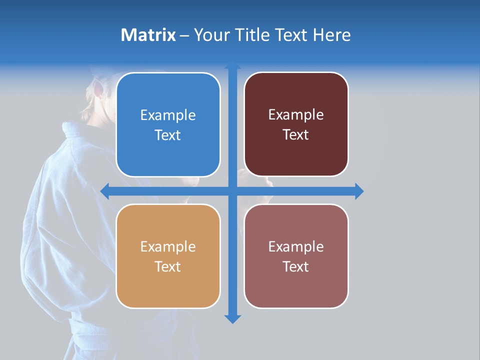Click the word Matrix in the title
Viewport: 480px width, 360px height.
tap(148, 35)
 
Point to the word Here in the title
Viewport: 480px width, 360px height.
tap(331, 35)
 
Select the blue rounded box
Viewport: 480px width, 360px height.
tap(168, 124)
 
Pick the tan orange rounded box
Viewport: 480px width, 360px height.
tap(168, 256)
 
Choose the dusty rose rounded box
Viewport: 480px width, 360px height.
tap(296, 256)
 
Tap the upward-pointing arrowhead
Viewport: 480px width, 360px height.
tap(232, 65)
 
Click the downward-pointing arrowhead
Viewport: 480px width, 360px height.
tap(232, 318)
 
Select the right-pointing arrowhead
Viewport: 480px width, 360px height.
tap(359, 191)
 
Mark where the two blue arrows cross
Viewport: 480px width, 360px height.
tap(232, 191)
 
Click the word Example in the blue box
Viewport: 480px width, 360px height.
tap(168, 115)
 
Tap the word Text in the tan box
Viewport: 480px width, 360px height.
tap(168, 266)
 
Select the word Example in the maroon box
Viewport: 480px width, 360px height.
tap(296, 114)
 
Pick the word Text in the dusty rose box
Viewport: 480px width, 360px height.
tap(296, 266)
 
